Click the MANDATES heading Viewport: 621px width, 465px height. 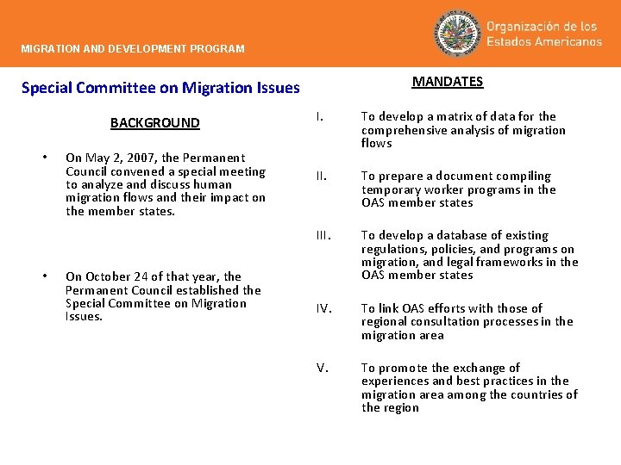[447, 82]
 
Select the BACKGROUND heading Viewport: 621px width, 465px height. [154, 123]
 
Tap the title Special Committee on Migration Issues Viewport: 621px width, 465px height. [160, 88]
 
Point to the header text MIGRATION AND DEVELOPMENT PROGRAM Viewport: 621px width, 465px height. [133, 49]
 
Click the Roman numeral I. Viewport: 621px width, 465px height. [319, 116]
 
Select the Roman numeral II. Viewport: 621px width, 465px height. [321, 176]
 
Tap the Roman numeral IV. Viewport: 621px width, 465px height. [323, 308]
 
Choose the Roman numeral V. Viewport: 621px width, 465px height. [322, 368]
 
